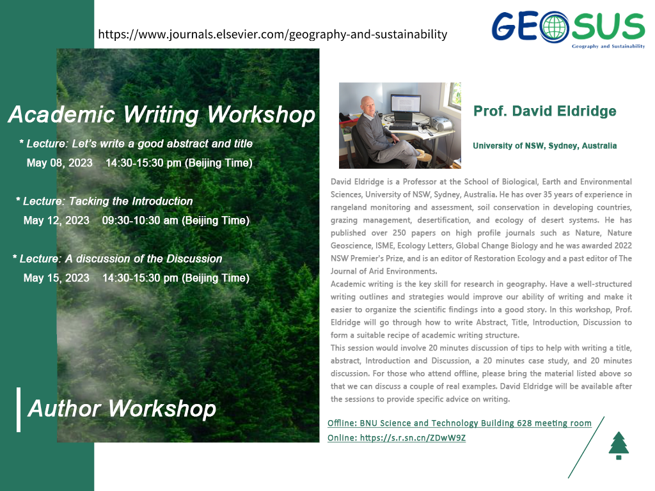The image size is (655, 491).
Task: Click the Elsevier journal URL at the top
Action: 272,35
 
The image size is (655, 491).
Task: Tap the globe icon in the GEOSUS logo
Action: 554,27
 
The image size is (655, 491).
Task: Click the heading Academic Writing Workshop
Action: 161,115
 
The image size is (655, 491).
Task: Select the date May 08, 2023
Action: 59,163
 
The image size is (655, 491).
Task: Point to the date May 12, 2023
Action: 56,221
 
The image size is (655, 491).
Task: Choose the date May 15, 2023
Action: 56,278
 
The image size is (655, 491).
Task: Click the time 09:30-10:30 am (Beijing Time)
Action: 176,221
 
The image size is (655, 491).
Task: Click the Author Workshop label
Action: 122,409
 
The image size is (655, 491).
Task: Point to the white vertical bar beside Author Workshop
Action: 19,409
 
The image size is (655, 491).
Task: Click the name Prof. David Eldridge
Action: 545,111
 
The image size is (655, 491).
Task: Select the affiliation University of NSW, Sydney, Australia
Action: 545,146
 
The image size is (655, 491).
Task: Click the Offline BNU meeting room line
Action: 459,423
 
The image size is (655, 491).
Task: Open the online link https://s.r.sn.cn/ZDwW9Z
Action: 397,438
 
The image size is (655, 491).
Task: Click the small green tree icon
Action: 619,446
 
